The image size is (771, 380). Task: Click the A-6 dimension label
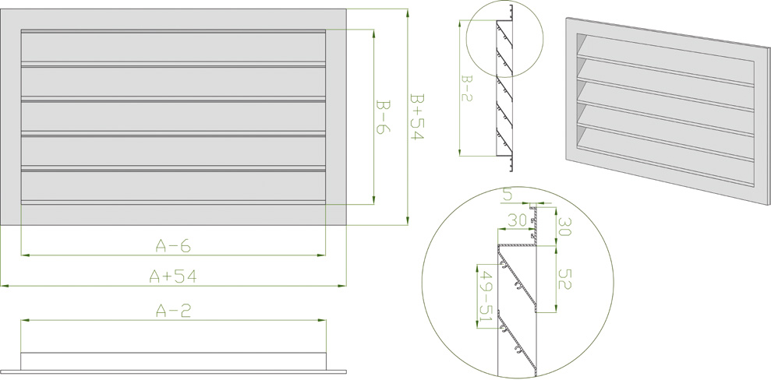click(173, 246)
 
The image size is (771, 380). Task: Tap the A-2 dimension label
click(173, 311)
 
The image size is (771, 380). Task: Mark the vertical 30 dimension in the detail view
click(563, 227)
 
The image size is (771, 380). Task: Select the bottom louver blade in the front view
click(173, 186)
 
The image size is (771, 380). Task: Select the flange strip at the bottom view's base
click(173, 369)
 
